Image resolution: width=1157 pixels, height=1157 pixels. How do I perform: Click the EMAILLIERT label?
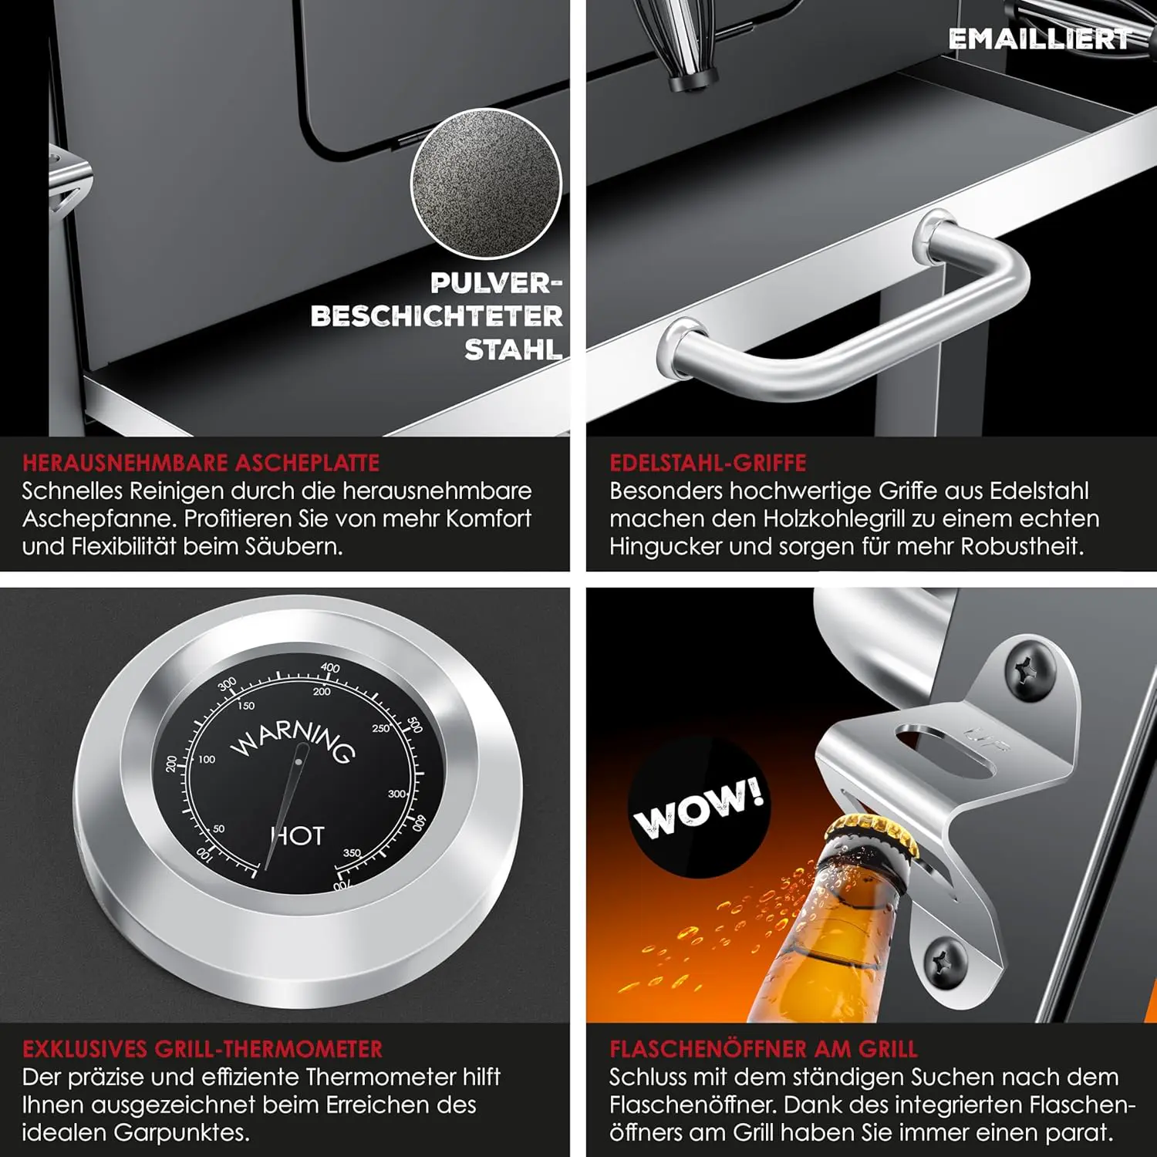[1040, 39]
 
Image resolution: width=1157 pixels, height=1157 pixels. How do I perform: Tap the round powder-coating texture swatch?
[486, 184]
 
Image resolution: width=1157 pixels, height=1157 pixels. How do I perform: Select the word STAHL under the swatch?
[513, 350]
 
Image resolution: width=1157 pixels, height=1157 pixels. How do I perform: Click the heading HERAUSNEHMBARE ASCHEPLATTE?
[201, 463]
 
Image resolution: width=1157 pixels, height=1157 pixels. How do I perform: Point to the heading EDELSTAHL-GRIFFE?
[708, 463]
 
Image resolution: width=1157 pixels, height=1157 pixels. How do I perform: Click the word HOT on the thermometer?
[299, 835]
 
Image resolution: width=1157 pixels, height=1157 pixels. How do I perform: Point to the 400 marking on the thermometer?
[330, 667]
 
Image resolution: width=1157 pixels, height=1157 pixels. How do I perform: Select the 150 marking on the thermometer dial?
[246, 705]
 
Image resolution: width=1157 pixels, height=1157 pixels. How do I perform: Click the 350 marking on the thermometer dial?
[352, 852]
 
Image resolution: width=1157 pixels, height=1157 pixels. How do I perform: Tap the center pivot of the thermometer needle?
[299, 763]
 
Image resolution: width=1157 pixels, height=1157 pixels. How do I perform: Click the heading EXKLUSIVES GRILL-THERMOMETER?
[202, 1049]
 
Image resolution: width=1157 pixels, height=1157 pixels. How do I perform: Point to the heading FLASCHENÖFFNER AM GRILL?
[764, 1049]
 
